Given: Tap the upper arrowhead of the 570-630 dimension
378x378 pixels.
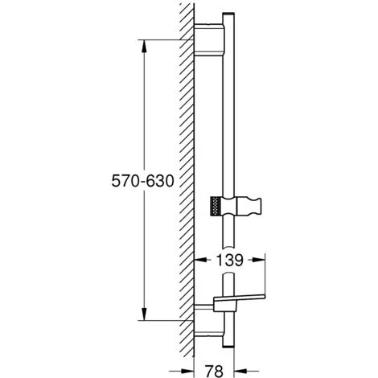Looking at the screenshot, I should (145, 45).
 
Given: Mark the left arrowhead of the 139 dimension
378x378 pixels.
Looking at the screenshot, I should (201, 260).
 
